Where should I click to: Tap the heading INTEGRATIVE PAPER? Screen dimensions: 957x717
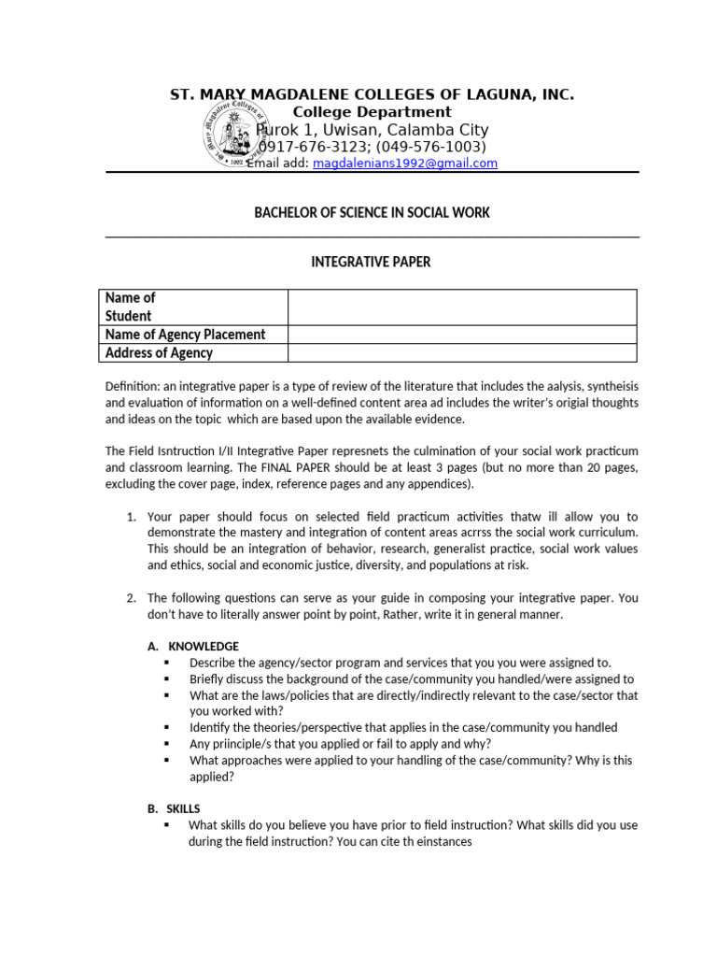click(371, 262)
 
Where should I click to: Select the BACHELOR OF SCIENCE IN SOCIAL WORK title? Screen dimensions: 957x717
click(372, 213)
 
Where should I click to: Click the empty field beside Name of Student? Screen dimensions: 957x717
click(462, 307)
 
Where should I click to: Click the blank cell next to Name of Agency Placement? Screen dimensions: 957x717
click(462, 335)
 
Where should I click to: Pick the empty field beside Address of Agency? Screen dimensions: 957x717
click(462, 353)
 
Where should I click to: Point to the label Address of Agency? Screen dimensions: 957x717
click(159, 353)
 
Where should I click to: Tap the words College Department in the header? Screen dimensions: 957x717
click(373, 112)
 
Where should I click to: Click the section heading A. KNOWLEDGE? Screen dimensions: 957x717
click(193, 646)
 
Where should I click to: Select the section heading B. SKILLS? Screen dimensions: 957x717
click(175, 808)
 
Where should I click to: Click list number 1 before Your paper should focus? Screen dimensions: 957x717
click(131, 516)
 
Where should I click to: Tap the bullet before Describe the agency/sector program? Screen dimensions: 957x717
click(167, 663)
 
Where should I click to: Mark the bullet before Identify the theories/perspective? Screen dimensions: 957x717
click(167, 727)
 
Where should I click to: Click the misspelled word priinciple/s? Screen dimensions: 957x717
click(225, 744)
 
